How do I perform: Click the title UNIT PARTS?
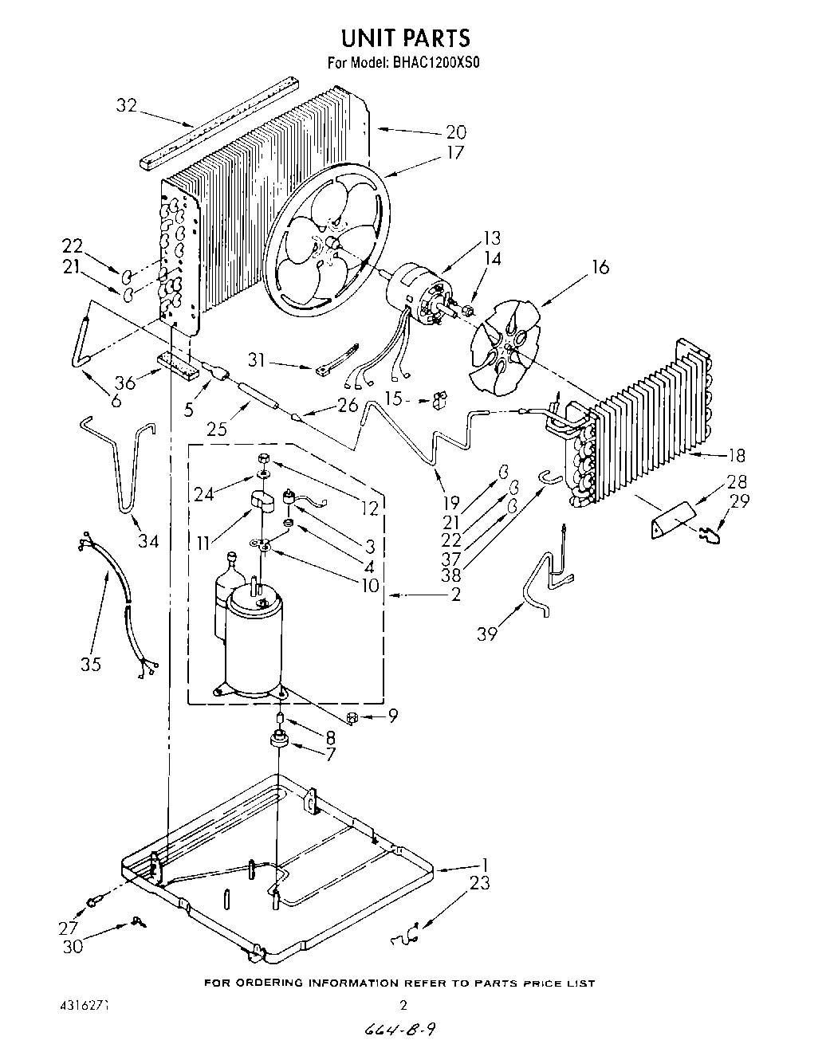[x=405, y=37]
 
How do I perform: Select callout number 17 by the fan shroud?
[x=455, y=151]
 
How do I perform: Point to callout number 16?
[x=600, y=267]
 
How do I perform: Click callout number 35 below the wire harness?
[x=91, y=663]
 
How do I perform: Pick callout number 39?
[x=487, y=634]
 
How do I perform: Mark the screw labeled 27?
[x=94, y=900]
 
